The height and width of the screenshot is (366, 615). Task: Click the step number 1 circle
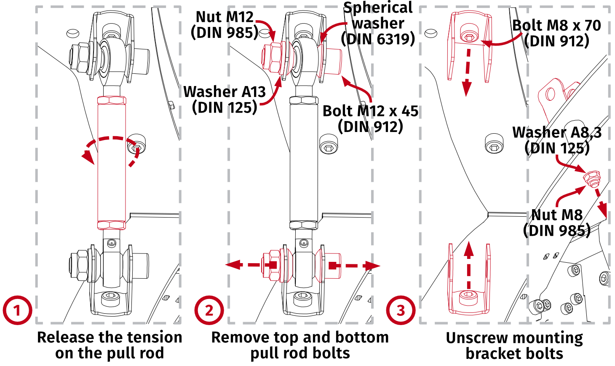pos(17,310)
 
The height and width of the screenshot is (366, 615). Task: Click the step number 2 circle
pos(209,310)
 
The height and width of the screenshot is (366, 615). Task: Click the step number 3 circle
pos(401,310)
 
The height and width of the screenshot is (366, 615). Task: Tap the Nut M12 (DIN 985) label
pos(225,24)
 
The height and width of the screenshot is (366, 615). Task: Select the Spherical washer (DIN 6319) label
pos(378,23)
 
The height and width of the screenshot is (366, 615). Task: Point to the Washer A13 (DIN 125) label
pos(225,100)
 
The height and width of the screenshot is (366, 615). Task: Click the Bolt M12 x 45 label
pos(370,118)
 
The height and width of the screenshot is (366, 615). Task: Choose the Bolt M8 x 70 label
pos(556,33)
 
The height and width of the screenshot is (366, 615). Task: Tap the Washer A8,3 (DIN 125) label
pos(557,140)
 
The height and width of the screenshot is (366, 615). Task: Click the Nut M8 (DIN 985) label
pos(556,223)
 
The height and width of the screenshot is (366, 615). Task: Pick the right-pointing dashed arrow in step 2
pos(356,266)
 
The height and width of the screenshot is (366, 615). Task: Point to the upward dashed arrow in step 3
pos(469,266)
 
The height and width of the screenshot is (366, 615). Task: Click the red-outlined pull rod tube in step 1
pos(112,181)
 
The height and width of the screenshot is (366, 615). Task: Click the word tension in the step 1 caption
pos(155,337)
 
